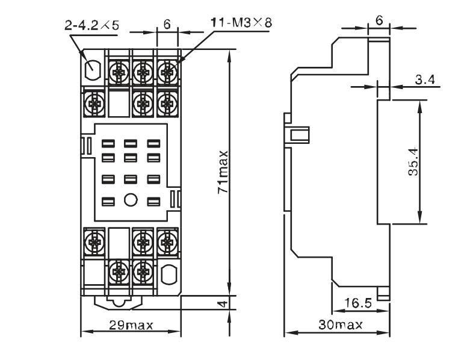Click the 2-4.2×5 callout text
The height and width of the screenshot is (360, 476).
(x=92, y=25)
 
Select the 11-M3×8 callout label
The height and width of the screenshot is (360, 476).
(x=242, y=22)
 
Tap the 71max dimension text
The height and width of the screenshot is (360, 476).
(x=223, y=172)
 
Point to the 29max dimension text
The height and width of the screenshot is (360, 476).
(x=131, y=325)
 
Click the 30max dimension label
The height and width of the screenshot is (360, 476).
(x=341, y=324)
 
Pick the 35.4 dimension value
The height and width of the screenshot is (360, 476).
(x=413, y=161)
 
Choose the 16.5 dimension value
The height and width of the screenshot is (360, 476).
(x=358, y=303)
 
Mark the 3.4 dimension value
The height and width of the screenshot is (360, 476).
(x=425, y=79)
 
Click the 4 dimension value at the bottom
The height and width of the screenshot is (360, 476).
(x=223, y=303)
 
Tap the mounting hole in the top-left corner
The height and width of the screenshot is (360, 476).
(x=92, y=69)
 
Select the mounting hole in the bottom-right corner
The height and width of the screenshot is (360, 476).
(x=168, y=275)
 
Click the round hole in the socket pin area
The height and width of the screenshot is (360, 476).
(x=131, y=200)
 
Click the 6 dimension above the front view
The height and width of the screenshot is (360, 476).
(x=167, y=24)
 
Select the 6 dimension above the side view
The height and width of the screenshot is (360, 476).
(x=379, y=20)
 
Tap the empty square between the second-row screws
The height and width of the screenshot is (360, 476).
(x=119, y=104)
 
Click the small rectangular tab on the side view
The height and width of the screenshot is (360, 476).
(x=299, y=135)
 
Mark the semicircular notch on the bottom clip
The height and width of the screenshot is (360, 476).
(x=119, y=303)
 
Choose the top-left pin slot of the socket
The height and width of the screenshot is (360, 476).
(x=108, y=143)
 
